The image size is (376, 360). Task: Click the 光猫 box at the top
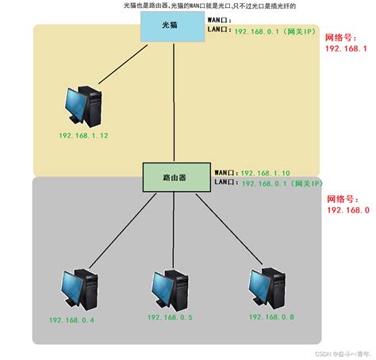point(172,26)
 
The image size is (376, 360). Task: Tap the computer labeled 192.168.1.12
point(85,106)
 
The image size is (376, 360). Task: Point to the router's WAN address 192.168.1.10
point(267,171)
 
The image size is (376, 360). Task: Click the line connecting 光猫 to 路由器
point(174,103)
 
